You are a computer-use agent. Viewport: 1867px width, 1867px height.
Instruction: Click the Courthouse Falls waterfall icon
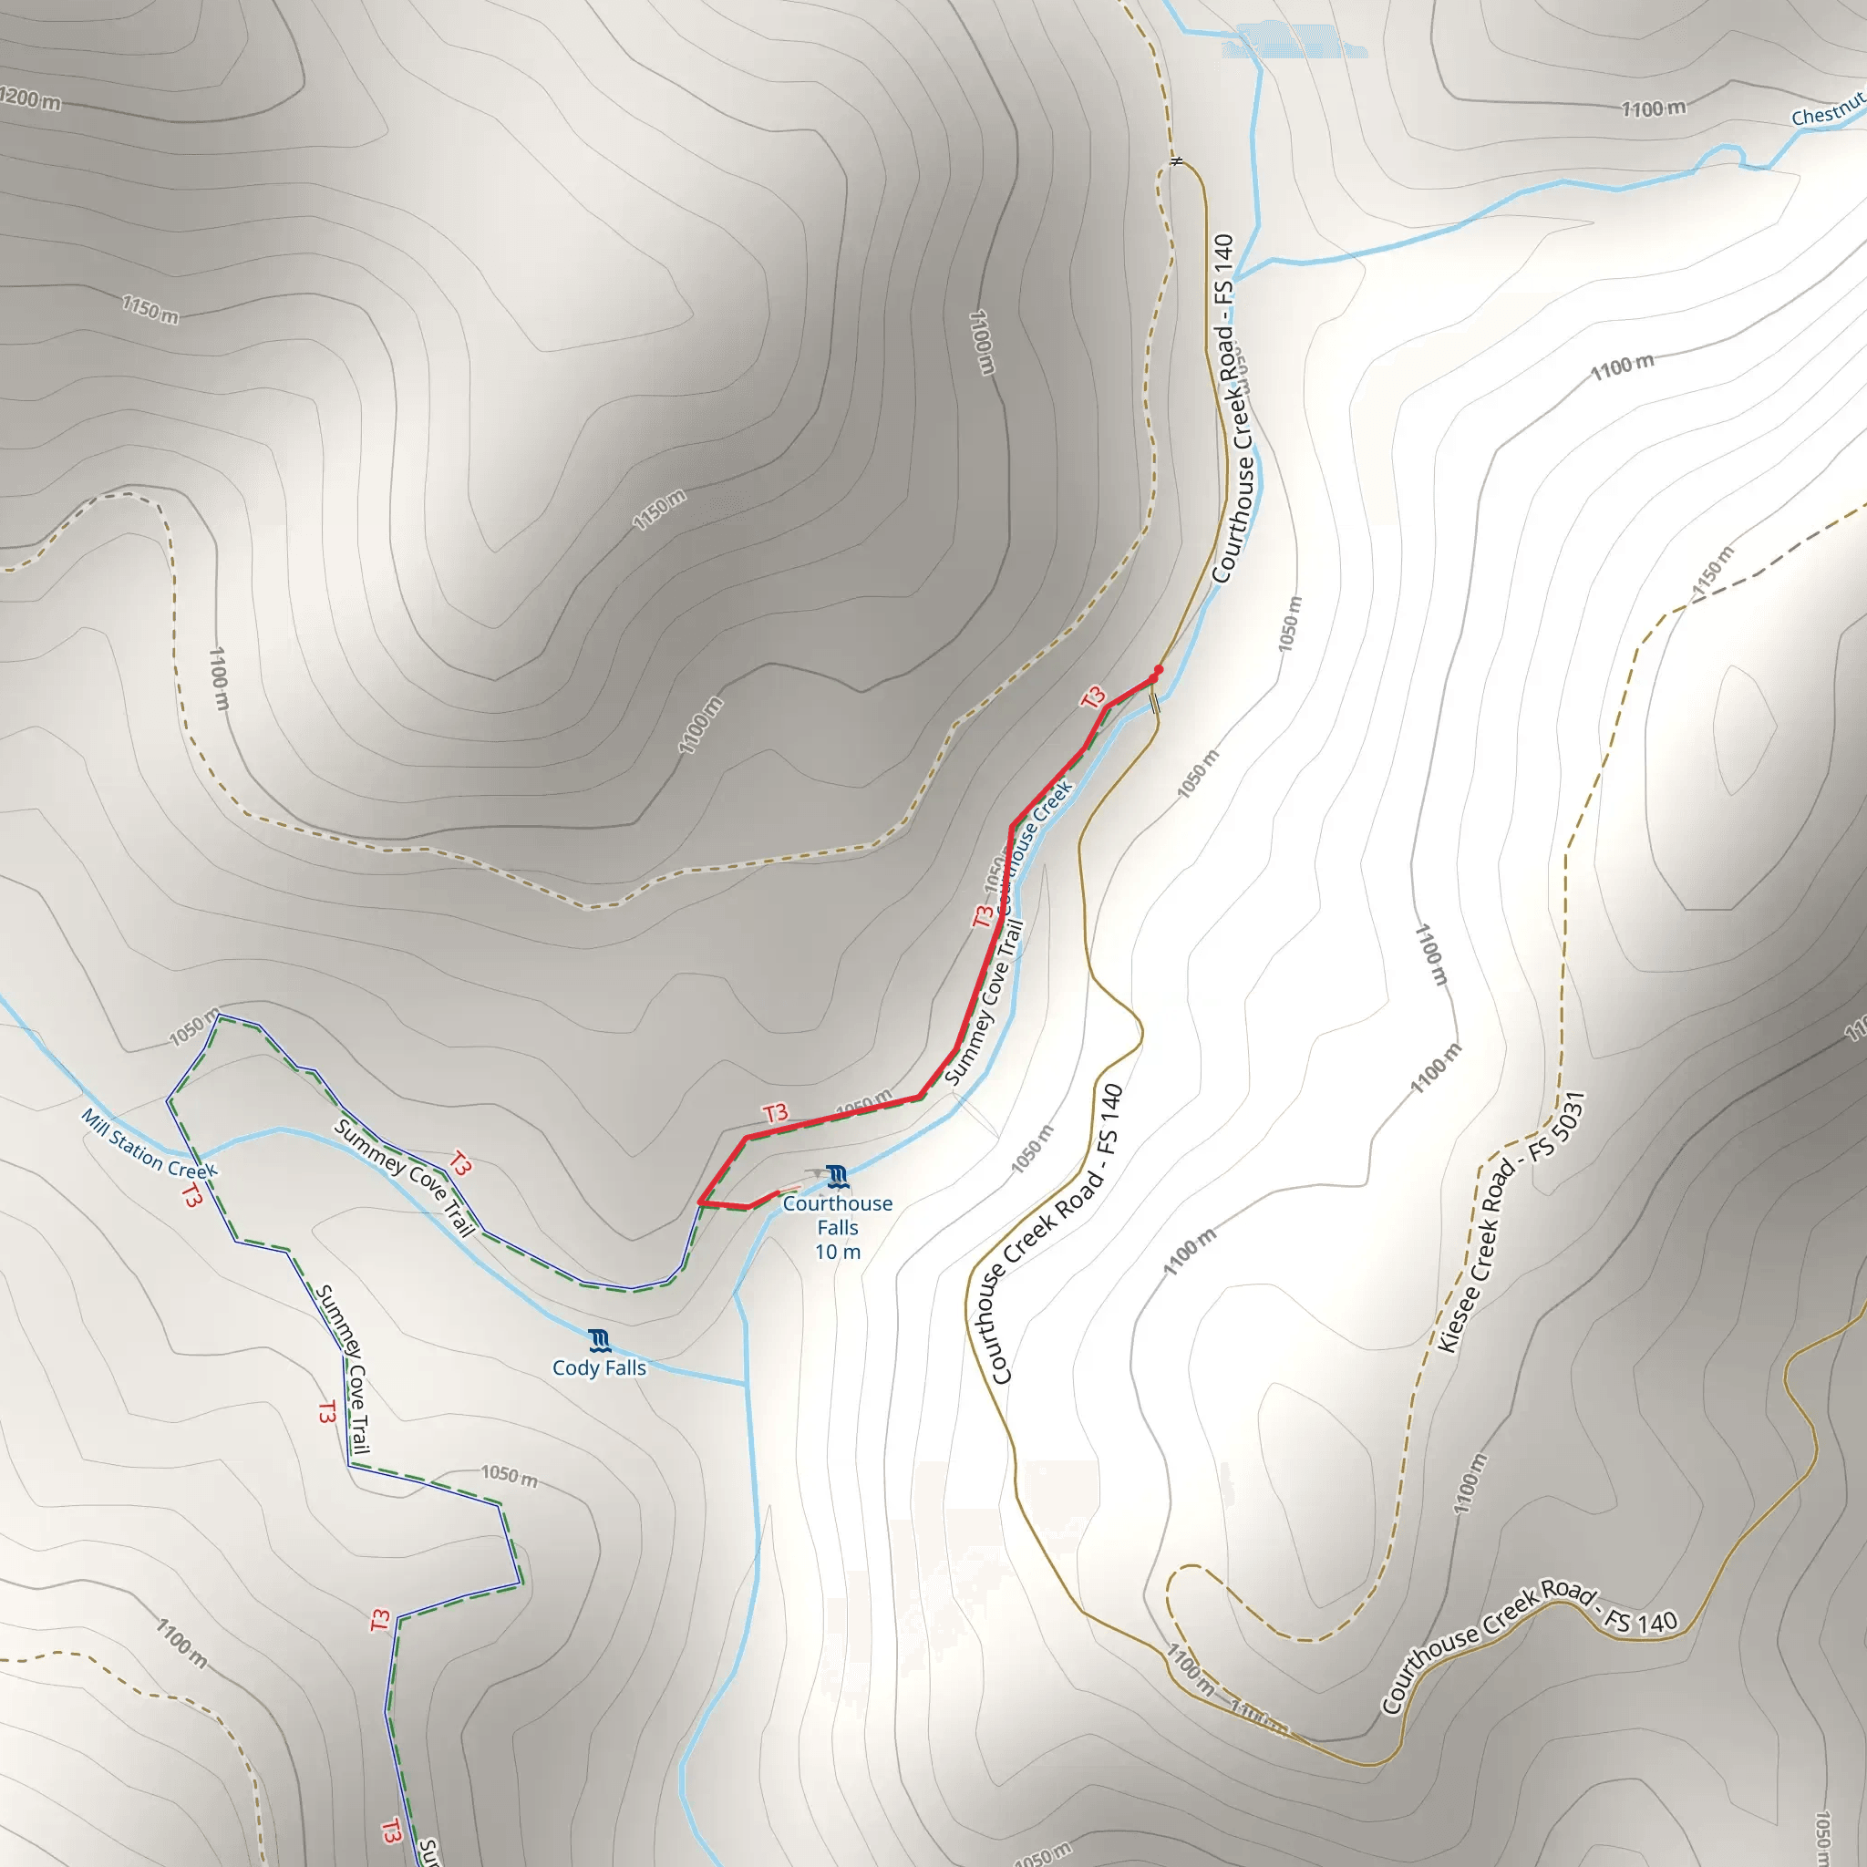tap(837, 1176)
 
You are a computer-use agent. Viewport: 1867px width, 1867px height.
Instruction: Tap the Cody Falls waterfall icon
tap(599, 1340)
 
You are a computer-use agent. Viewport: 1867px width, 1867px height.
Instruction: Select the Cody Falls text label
tap(599, 1367)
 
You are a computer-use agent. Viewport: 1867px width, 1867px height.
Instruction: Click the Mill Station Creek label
tap(150, 1143)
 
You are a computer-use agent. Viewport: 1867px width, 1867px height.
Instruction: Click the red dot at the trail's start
tap(1159, 670)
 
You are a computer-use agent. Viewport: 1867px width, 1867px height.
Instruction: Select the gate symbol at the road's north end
tap(1176, 160)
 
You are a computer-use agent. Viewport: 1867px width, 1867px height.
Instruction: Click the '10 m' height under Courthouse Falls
tap(837, 1253)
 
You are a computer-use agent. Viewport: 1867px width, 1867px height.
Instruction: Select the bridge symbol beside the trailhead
tap(1155, 704)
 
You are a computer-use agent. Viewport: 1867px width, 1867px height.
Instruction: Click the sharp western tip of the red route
tap(699, 1202)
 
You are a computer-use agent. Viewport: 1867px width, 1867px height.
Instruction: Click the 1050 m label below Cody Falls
tap(510, 1476)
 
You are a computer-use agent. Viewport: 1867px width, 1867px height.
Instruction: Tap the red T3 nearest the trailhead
tap(1093, 697)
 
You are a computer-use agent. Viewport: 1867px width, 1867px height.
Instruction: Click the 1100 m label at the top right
tap(1653, 108)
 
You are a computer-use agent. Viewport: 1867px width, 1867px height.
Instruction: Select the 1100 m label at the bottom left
tap(181, 1642)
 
